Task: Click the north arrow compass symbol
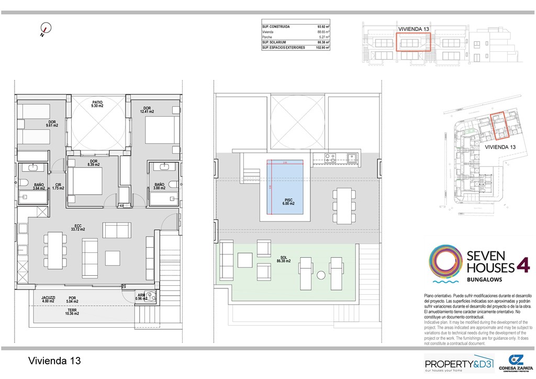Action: (x=46, y=30)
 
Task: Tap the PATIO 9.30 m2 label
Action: (x=97, y=104)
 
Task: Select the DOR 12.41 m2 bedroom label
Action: (x=147, y=110)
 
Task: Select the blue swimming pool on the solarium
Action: (x=285, y=186)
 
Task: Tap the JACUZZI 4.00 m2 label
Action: (x=49, y=299)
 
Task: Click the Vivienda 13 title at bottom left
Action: (x=54, y=361)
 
